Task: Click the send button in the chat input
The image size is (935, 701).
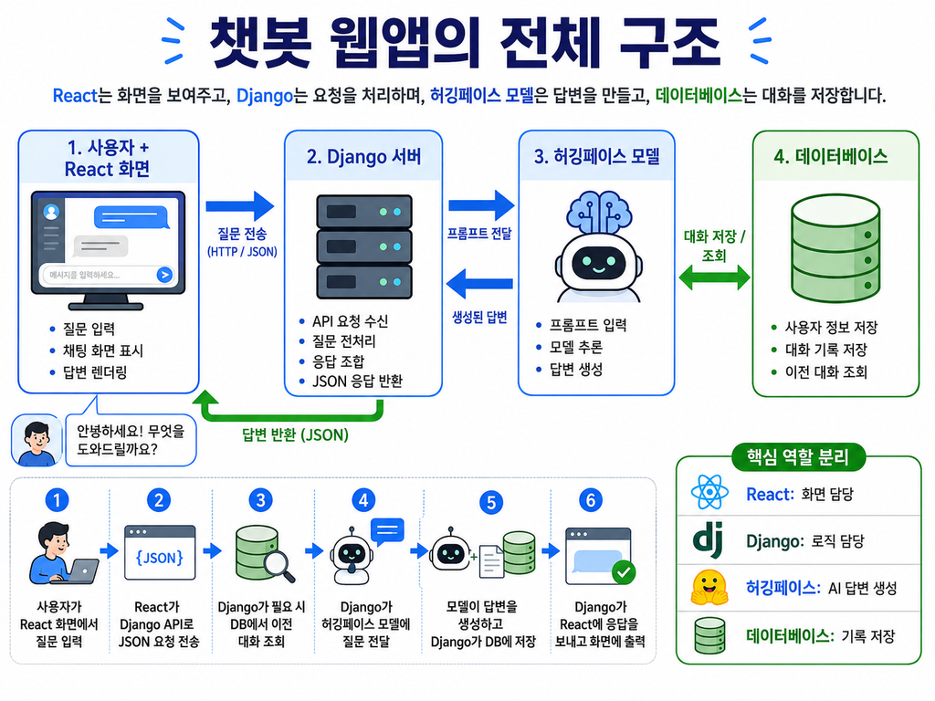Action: tap(164, 275)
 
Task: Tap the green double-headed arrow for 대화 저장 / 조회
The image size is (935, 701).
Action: tap(714, 277)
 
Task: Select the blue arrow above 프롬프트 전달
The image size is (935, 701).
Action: tap(481, 205)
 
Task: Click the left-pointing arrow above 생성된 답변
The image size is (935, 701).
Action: tap(479, 284)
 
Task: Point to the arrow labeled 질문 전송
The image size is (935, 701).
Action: tap(240, 206)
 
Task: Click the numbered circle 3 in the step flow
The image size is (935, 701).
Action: tap(260, 500)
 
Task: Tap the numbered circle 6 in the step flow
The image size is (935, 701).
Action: tap(591, 500)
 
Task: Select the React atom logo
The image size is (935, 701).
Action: tap(709, 492)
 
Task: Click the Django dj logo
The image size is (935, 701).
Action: tap(709, 540)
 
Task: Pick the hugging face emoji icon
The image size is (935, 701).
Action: tap(709, 588)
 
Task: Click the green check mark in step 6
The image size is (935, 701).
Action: tap(624, 573)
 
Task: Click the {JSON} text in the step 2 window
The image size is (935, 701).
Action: tap(159, 558)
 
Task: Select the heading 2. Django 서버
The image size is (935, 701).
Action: tap(363, 157)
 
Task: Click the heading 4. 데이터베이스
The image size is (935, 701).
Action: tap(831, 157)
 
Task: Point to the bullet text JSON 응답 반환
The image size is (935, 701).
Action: tap(357, 381)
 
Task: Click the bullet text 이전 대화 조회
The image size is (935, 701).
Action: tap(825, 372)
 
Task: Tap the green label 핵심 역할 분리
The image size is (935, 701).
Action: tap(798, 457)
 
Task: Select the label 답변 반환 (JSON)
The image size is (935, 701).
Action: tap(295, 434)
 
